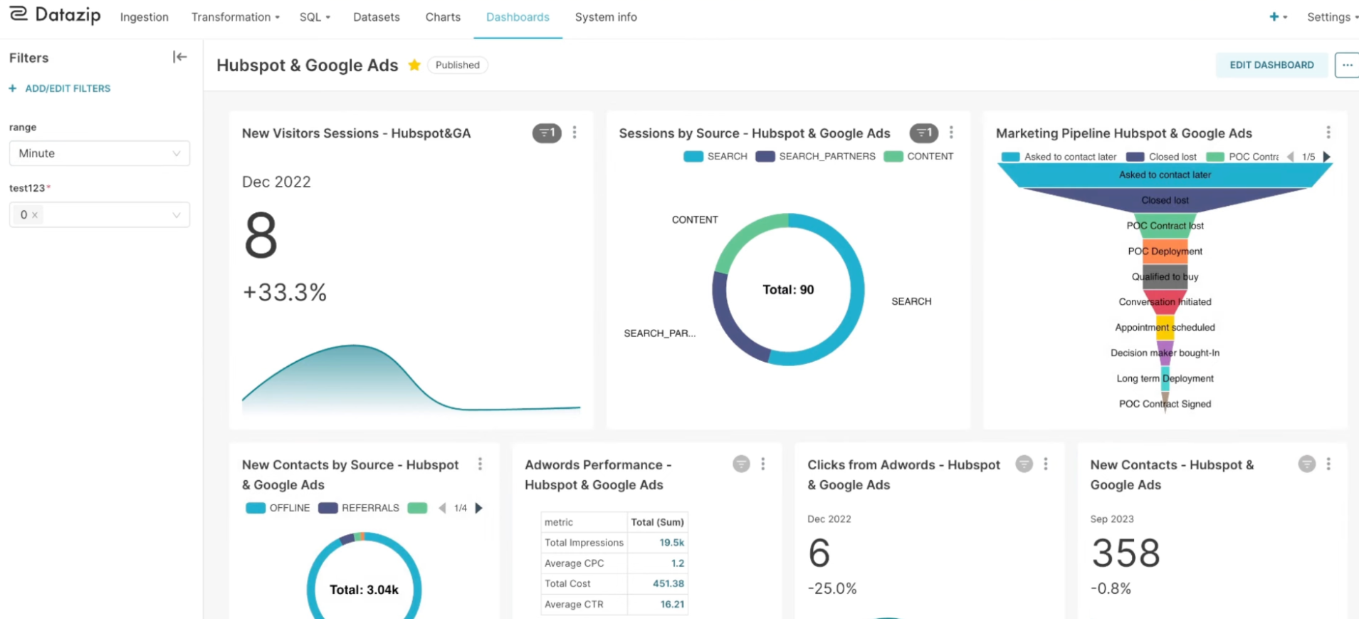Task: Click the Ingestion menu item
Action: (144, 17)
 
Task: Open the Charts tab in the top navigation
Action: (443, 17)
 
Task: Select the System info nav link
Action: (606, 17)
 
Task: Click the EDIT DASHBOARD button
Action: (1271, 65)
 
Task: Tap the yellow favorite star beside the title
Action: (414, 65)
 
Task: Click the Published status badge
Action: (457, 65)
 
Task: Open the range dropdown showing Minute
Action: (100, 153)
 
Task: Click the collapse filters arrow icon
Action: (179, 57)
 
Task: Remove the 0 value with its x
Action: (34, 215)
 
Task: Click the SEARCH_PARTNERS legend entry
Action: (816, 156)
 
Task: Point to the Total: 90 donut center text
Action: (788, 290)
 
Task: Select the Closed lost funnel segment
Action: (1165, 200)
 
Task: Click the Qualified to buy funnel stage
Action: (1165, 277)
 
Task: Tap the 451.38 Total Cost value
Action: (668, 583)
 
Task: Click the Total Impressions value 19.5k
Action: (671, 543)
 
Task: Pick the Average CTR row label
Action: (574, 604)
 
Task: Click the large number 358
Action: (1125, 553)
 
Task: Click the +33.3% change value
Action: (285, 292)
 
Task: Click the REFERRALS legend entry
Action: (359, 508)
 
